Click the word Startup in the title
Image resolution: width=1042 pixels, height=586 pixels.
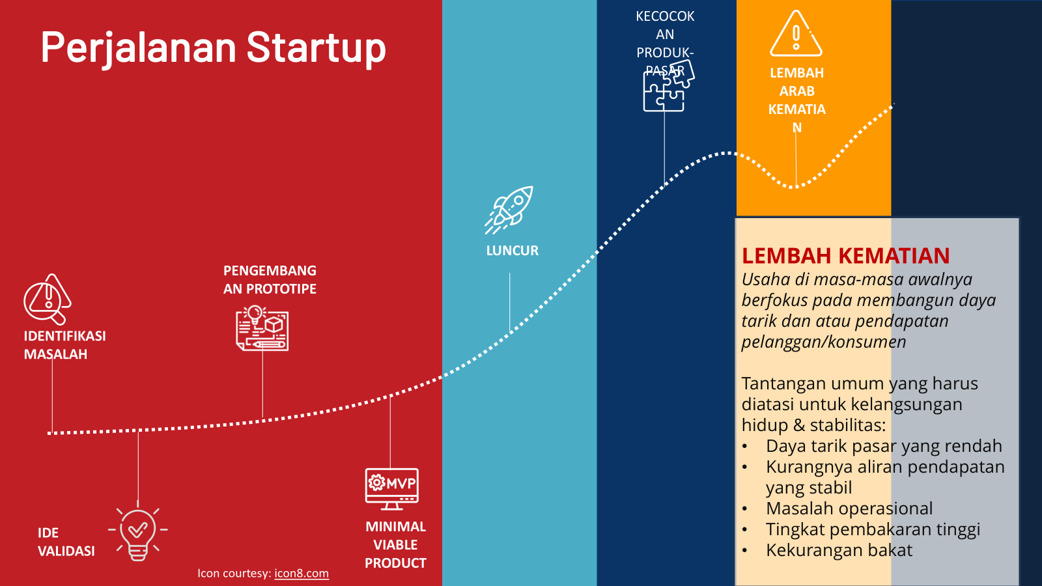point(317,48)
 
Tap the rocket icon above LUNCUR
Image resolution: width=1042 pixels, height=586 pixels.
point(509,210)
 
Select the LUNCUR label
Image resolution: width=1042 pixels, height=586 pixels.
point(512,251)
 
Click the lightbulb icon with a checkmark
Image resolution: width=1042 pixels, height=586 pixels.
point(137,534)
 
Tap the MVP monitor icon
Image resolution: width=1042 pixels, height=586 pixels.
point(391,489)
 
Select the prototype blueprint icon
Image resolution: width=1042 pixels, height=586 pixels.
point(262,328)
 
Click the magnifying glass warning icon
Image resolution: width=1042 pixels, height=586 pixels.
point(48,299)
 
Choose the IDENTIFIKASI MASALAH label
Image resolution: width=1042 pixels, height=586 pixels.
point(64,345)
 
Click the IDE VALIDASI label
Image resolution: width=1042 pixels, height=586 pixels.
point(66,542)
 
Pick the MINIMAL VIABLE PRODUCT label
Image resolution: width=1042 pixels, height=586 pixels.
point(395,544)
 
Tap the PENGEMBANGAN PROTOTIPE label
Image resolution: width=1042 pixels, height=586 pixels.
point(270,279)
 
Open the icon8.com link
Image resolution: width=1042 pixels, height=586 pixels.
point(302,574)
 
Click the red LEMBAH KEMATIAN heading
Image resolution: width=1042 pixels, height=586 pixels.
point(845,256)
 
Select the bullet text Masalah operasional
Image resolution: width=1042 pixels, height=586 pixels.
point(849,509)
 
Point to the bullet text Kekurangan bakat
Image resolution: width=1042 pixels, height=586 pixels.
point(839,550)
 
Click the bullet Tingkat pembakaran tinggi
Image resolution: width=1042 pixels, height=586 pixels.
point(873,530)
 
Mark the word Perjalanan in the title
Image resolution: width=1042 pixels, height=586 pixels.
point(139,49)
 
